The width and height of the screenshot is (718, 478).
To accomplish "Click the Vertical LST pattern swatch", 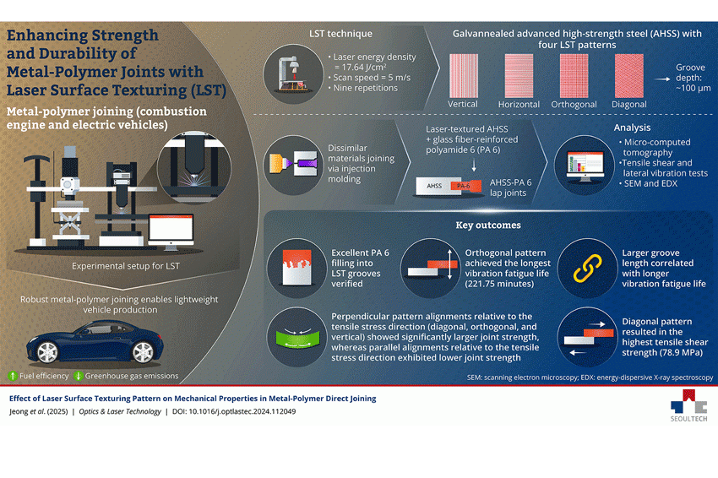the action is tap(464, 75).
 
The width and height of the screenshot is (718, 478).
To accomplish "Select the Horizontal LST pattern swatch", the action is tap(519, 75).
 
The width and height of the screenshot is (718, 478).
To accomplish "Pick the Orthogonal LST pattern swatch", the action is tap(574, 75).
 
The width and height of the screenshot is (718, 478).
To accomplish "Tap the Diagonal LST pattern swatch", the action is tap(629, 75).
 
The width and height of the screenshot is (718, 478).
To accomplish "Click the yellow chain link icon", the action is tap(588, 269).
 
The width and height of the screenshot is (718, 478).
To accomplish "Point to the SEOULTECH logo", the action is tap(688, 405).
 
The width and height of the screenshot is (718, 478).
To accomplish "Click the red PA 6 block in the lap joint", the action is tap(465, 186).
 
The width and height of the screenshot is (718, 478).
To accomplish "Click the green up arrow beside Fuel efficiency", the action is tap(13, 376).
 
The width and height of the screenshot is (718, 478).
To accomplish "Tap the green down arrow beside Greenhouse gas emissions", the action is tap(79, 376).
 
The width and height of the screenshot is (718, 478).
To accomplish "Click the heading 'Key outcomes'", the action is tap(488, 225).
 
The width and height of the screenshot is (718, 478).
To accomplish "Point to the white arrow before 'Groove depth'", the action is tap(662, 79).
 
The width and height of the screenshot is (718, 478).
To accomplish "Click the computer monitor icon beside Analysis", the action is tap(585, 166).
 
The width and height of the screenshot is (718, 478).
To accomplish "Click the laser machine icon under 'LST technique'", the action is tap(293, 73).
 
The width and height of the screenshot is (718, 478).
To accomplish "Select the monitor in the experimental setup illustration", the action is tap(171, 231).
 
